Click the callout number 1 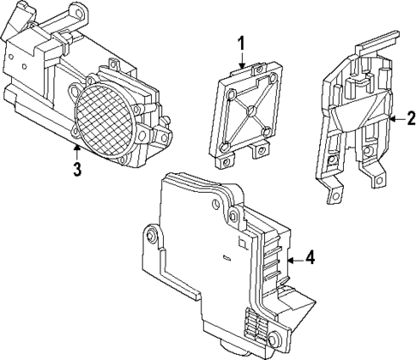pyautogui.click(x=242, y=42)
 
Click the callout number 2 pyautogui.click(x=400, y=118)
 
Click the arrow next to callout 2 pyautogui.click(x=387, y=118)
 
